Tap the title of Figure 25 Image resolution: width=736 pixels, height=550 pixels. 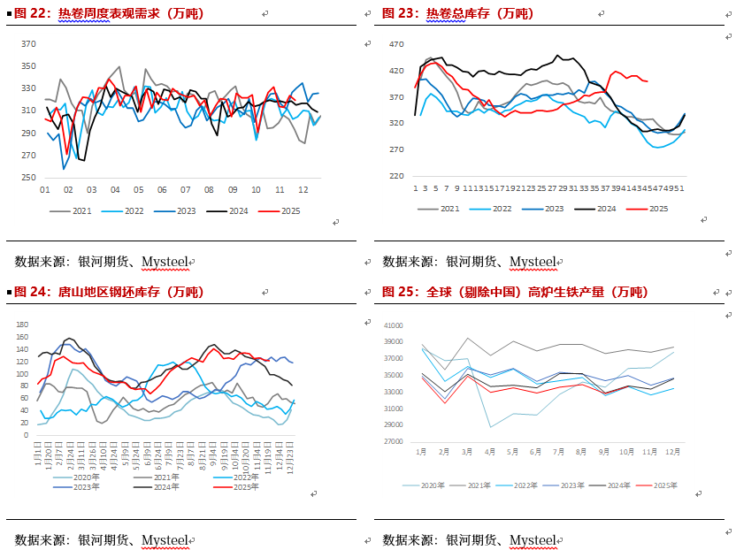coord(514,292)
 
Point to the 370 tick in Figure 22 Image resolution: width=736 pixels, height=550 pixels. coord(28,43)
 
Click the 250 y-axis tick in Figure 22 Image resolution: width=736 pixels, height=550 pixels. coord(28,177)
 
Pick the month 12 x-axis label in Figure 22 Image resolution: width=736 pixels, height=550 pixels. coord(303,190)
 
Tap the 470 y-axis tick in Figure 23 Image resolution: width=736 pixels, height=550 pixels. coord(396,44)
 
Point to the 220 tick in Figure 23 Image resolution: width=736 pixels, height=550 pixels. coord(396,176)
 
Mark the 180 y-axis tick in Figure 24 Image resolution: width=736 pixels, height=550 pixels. coord(23,325)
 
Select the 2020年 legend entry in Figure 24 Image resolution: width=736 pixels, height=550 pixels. coord(88,477)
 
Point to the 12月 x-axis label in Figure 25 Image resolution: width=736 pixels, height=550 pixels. coord(673,451)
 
